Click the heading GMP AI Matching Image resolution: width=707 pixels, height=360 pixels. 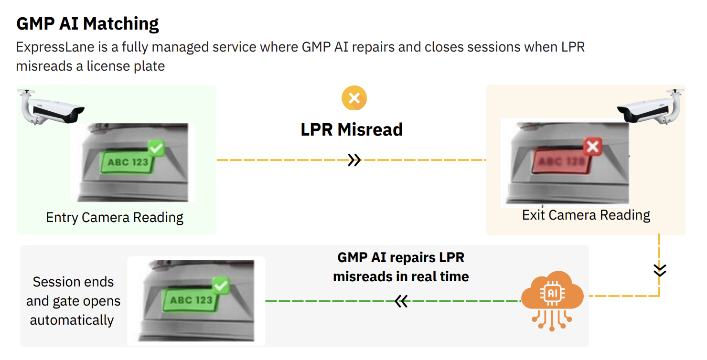(x=87, y=23)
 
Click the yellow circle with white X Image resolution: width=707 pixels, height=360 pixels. (x=354, y=98)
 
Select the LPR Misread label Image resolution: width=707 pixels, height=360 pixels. (x=352, y=129)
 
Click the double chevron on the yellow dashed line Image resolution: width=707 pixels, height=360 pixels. (x=354, y=160)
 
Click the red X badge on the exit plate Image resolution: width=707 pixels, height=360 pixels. (x=592, y=147)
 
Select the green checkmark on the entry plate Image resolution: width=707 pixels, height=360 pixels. (x=155, y=148)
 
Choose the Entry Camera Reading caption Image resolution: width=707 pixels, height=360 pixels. (x=115, y=218)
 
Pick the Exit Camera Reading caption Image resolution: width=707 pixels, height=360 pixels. (x=586, y=215)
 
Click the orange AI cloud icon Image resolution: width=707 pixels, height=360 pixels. (x=552, y=296)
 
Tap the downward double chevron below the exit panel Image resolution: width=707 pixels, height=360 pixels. (x=660, y=270)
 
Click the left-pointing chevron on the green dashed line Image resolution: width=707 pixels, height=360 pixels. (x=401, y=301)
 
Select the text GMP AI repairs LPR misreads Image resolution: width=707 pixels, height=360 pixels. (x=401, y=267)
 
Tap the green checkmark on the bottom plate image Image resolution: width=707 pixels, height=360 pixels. (x=220, y=286)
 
